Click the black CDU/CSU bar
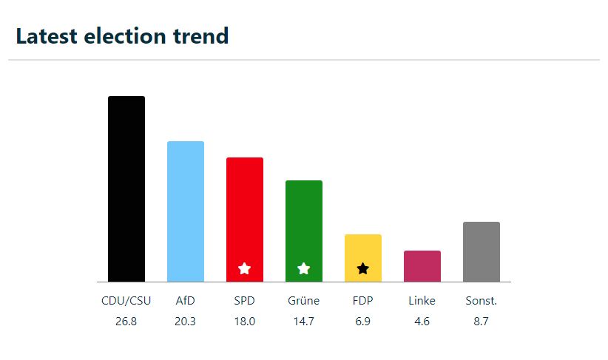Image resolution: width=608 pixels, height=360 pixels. (126, 189)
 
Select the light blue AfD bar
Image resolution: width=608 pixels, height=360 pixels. (186, 211)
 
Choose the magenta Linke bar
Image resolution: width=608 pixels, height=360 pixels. (422, 266)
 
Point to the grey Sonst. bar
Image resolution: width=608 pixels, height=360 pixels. (482, 251)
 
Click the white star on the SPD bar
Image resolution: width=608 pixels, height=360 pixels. (245, 268)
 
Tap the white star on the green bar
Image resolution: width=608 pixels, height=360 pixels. (304, 268)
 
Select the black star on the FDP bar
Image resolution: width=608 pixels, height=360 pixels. (363, 268)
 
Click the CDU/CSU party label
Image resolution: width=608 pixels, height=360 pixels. (126, 301)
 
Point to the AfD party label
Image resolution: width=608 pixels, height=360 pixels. (186, 301)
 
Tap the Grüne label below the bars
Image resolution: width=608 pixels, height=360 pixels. (304, 301)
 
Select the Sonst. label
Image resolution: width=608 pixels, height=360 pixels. (482, 301)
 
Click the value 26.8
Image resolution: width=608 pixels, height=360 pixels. (126, 322)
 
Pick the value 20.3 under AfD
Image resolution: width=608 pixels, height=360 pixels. (186, 322)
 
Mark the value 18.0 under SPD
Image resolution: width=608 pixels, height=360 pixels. (245, 322)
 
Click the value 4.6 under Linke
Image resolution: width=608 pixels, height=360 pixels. (422, 322)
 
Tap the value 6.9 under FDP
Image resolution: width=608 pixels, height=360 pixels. (363, 322)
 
